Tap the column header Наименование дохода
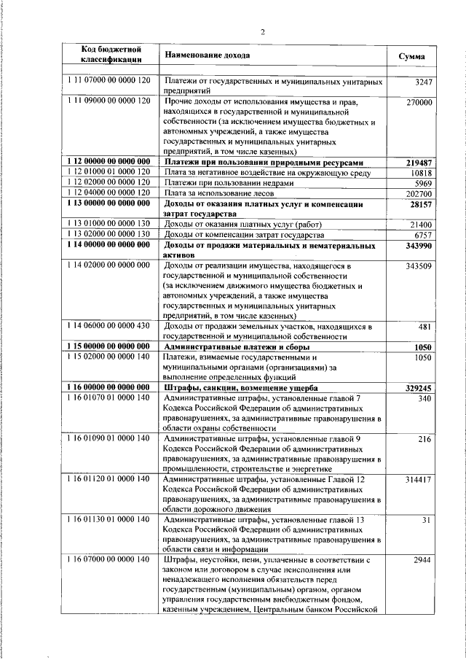207,55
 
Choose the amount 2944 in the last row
422,559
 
